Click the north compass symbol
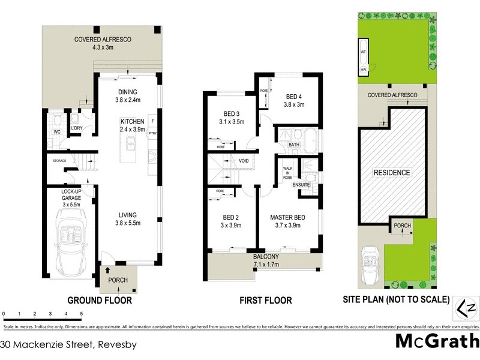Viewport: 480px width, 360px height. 467,307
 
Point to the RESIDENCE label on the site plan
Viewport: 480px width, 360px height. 392,173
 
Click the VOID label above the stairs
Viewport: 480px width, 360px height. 244,161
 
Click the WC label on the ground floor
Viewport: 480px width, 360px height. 58,131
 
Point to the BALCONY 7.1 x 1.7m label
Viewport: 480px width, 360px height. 262,260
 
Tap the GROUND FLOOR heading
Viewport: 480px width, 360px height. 100,300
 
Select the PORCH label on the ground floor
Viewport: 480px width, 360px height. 118,280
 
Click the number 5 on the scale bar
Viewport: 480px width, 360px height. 81,314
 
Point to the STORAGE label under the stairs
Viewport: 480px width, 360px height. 59,161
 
